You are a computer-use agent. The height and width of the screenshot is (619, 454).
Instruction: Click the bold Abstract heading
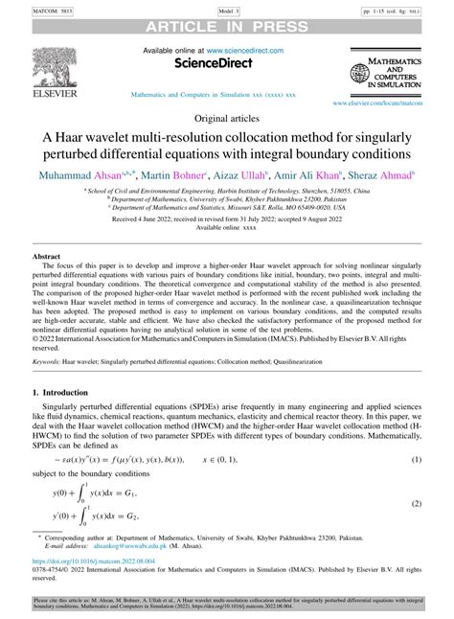[47, 257]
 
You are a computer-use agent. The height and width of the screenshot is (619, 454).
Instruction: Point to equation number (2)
[417, 504]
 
